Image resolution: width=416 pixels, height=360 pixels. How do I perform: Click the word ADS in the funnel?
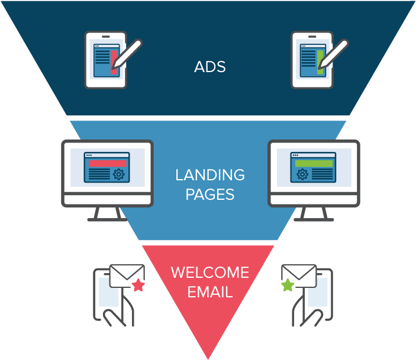point(209,67)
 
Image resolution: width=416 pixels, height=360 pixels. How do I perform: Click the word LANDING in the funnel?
point(209,175)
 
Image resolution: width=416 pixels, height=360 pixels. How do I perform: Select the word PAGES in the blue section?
point(209,194)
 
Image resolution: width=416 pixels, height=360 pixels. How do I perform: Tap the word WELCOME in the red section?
point(209,273)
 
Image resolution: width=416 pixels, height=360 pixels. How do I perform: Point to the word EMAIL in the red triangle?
point(209,291)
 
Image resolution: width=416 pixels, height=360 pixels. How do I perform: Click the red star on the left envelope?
point(138,286)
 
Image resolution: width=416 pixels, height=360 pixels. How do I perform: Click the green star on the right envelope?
point(287,286)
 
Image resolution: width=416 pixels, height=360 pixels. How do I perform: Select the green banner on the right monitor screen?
point(314,163)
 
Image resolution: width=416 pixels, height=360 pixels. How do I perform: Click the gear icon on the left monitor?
point(118,174)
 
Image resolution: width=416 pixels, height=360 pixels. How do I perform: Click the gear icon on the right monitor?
point(302,174)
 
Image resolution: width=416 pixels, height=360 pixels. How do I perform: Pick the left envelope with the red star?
point(127,275)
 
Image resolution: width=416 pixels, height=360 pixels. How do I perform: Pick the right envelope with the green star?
point(299,275)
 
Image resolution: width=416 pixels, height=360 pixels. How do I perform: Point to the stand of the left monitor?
point(107,214)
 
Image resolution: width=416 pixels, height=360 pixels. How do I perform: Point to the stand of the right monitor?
point(314,214)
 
